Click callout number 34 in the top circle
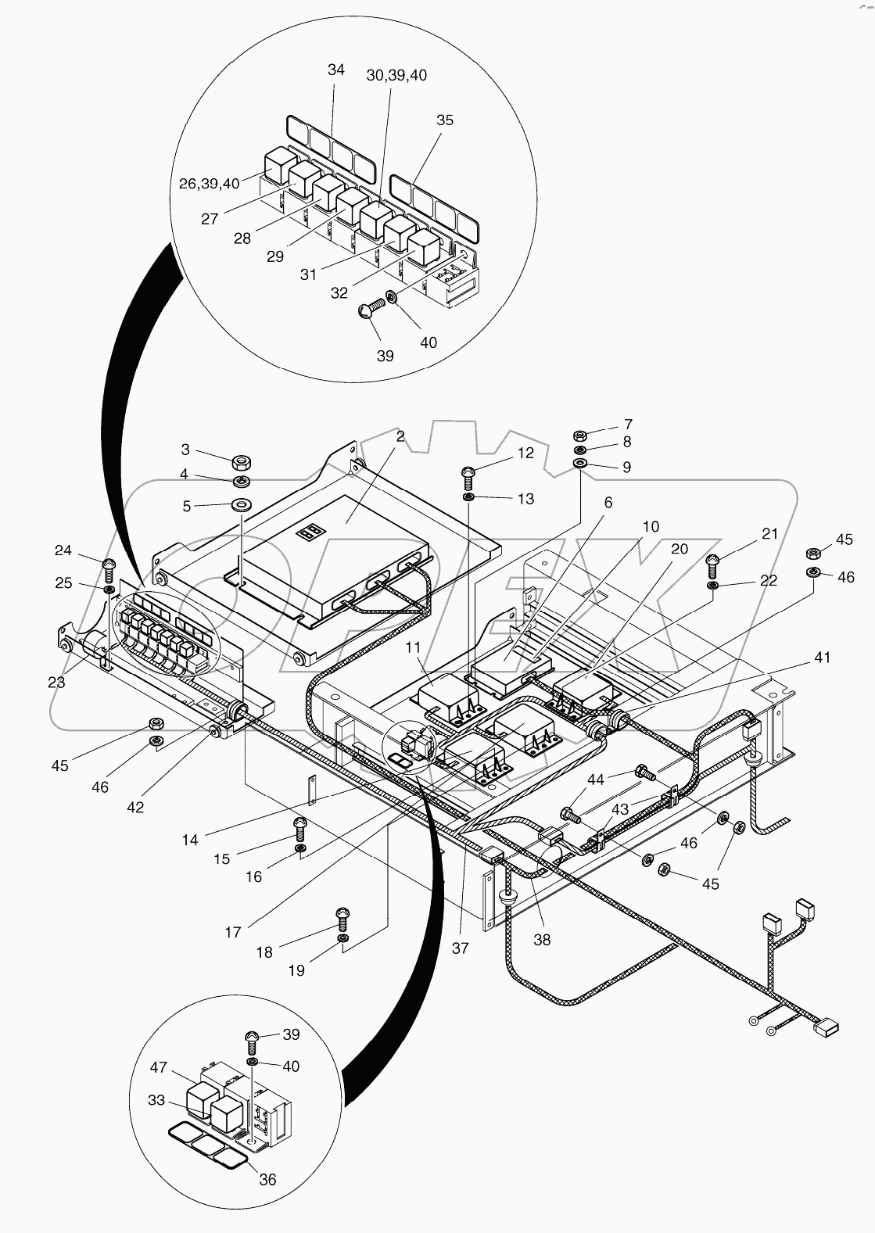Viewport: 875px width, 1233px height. click(x=335, y=70)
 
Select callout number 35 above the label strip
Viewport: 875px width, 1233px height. click(x=444, y=120)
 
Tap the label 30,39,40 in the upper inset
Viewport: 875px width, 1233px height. click(x=396, y=75)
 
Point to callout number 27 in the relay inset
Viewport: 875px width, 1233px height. click(x=209, y=219)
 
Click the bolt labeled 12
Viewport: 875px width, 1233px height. click(x=468, y=473)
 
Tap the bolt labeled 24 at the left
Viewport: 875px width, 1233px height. click(x=109, y=564)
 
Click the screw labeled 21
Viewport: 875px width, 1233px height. click(x=713, y=561)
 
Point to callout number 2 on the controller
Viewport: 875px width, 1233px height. click(x=400, y=436)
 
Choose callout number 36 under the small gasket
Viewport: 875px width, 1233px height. click(x=267, y=1180)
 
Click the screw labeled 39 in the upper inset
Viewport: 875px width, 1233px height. click(x=367, y=312)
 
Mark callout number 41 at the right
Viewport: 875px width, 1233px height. click(x=821, y=658)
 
